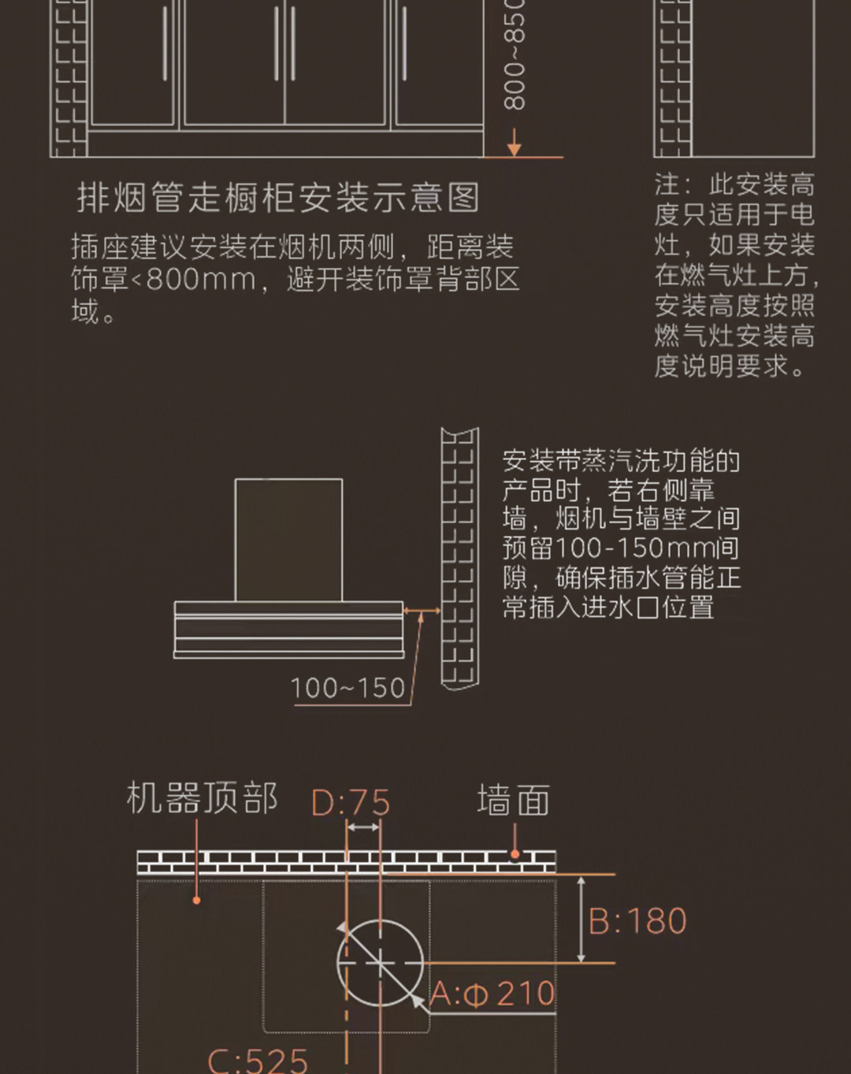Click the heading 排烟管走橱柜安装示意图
(x=278, y=198)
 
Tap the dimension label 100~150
(x=347, y=688)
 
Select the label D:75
(x=351, y=803)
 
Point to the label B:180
(x=638, y=921)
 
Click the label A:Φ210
(x=493, y=994)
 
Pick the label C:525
(x=258, y=1060)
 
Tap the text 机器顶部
(x=202, y=798)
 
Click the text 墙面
(x=513, y=801)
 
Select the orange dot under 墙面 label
(x=514, y=854)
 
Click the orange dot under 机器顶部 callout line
(x=196, y=900)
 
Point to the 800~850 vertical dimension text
(x=514, y=55)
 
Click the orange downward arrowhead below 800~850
(x=514, y=147)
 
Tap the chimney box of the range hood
(x=288, y=540)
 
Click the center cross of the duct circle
(x=380, y=963)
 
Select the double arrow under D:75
(x=363, y=827)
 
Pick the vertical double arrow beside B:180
(x=581, y=919)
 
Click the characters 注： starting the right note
(x=673, y=184)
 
